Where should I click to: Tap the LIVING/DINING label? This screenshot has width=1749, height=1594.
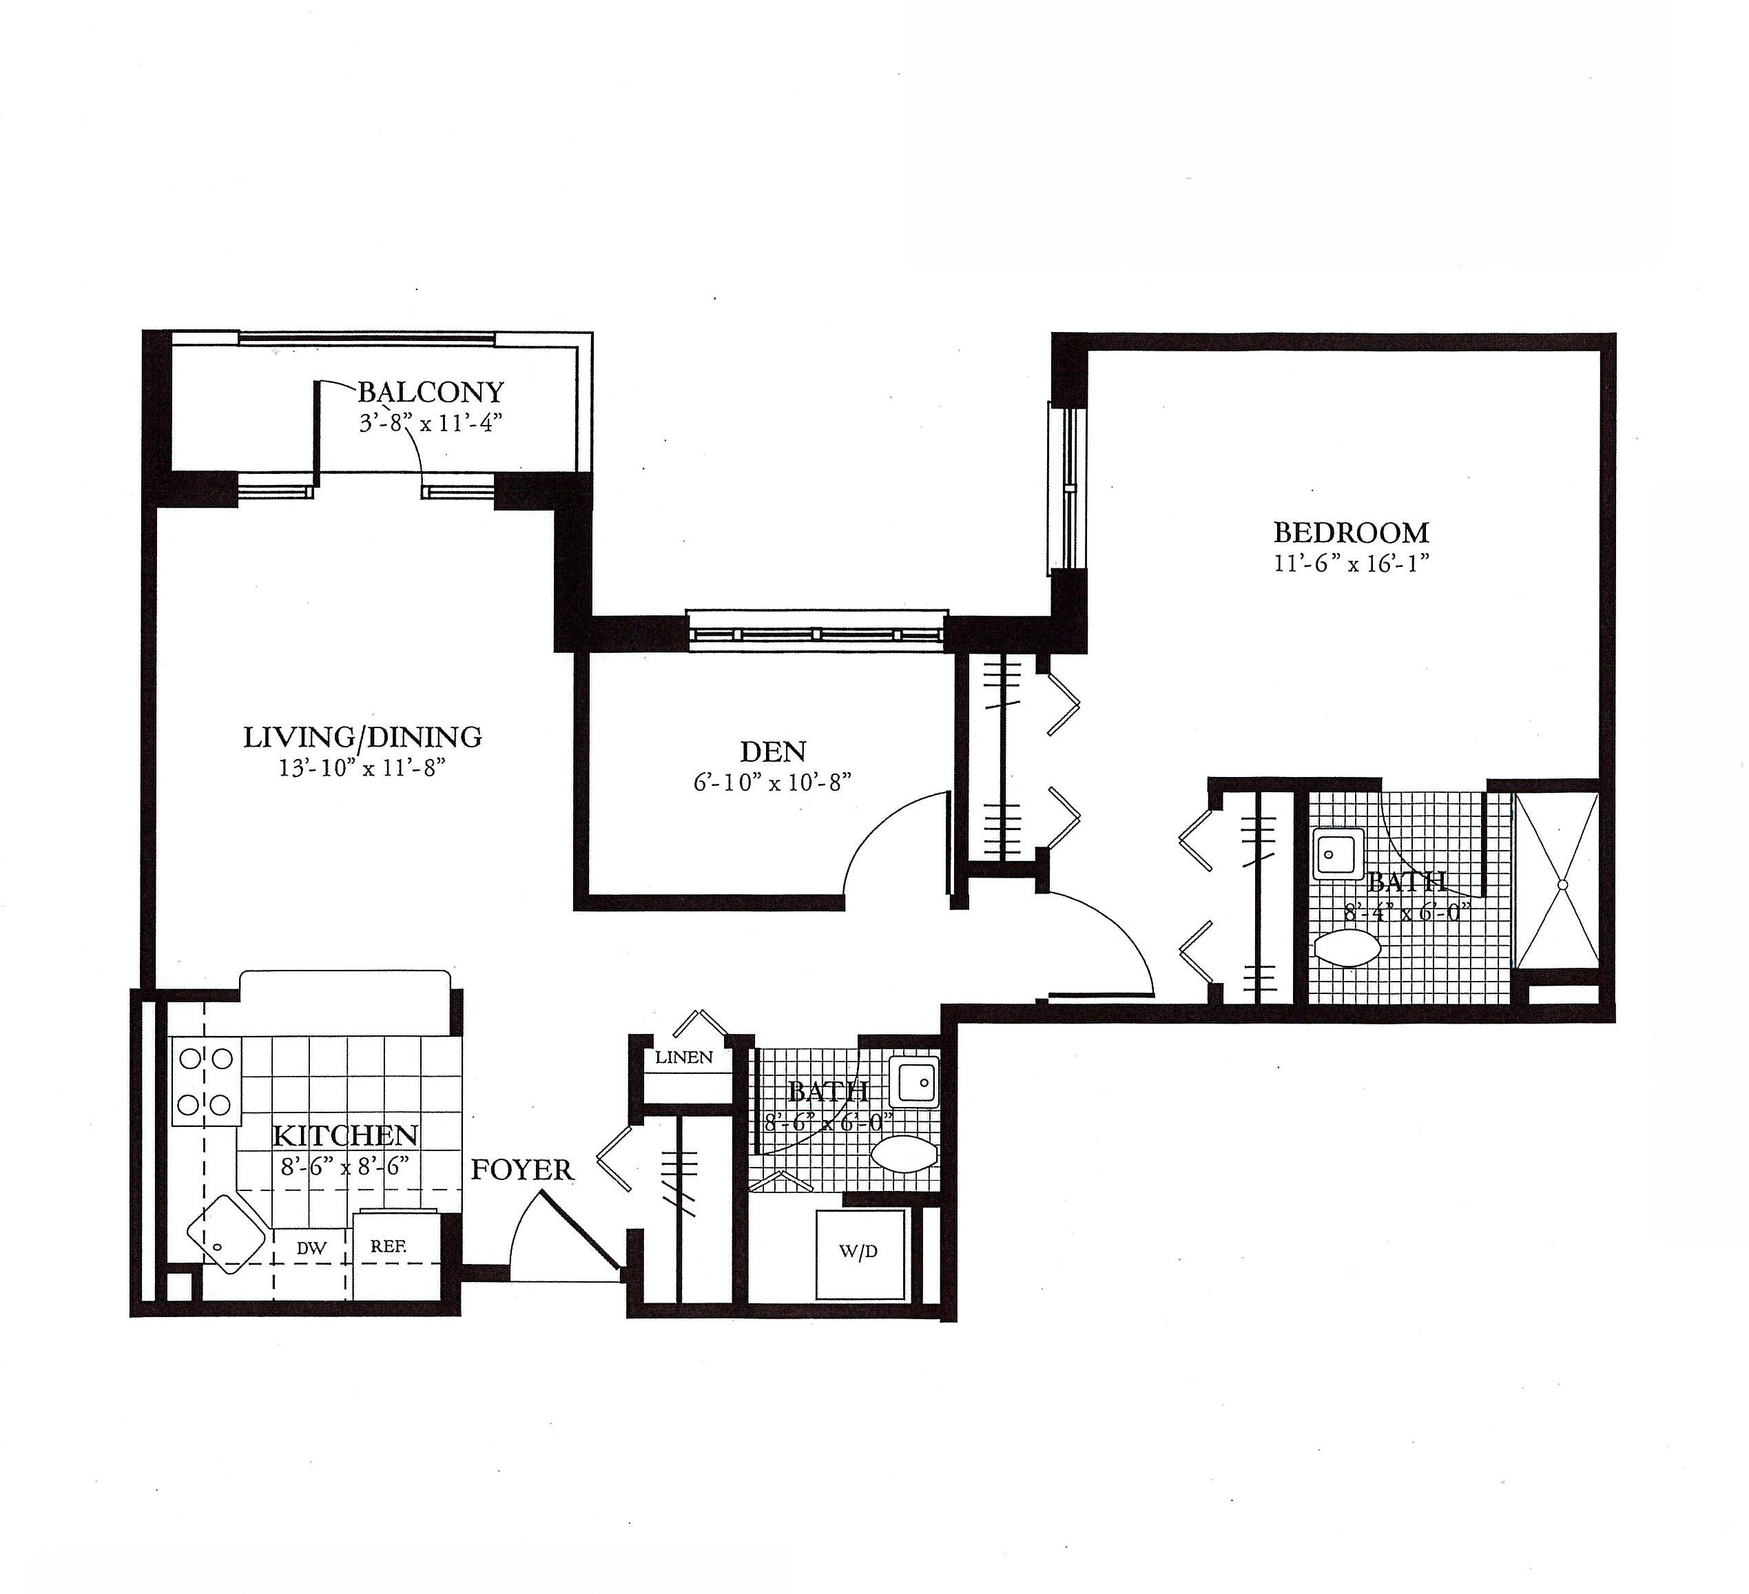coord(362,736)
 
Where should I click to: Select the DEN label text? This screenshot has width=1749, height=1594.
coord(772,751)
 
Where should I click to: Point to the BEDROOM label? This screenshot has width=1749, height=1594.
coord(1351,532)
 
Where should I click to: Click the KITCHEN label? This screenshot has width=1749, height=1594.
coord(345,1135)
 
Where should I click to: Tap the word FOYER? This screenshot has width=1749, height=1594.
coord(522,1170)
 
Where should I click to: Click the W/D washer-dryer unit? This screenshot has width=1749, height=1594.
coord(859,1253)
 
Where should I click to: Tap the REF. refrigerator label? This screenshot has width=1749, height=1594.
coord(388,1246)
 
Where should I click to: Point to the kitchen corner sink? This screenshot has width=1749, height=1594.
coord(225,1234)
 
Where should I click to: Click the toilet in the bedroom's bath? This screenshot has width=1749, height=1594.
coord(1347,948)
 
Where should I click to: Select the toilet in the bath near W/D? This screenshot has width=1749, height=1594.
coord(903,1154)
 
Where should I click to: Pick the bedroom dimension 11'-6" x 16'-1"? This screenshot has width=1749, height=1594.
coord(1351,563)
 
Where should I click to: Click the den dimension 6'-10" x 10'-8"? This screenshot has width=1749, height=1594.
coord(772,782)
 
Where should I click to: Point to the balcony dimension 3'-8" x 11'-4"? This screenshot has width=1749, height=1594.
coord(431,424)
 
